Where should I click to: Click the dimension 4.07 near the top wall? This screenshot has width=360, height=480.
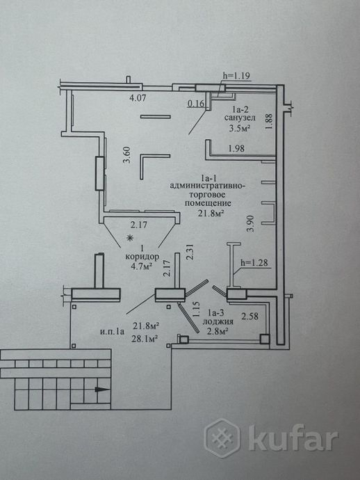[138, 98]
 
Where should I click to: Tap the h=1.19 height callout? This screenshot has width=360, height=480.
[236, 76]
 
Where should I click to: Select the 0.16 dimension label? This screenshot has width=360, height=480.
[195, 104]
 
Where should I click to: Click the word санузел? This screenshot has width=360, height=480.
[240, 118]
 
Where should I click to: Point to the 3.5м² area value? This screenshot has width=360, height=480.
[240, 128]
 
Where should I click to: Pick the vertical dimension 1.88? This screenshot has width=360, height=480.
[269, 122]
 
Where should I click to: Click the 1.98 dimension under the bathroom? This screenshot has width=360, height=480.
[236, 148]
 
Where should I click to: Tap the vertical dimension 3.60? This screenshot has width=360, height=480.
[127, 155]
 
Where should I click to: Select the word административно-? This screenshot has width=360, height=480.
[208, 186]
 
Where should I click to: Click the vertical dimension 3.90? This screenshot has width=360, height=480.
[251, 224]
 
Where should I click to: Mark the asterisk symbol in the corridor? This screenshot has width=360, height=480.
[130, 238]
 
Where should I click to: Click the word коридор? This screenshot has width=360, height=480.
[142, 257]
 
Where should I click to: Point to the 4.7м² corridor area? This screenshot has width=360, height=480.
[142, 266]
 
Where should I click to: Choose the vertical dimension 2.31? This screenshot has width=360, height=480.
[190, 252]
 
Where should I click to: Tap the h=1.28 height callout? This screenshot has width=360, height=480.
[254, 263]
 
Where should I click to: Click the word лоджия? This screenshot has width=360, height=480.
[218, 321]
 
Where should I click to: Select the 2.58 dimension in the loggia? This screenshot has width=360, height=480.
[250, 316]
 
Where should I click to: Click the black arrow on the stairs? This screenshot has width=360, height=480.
[101, 390]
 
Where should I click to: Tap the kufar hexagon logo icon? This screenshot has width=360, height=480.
[222, 438]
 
